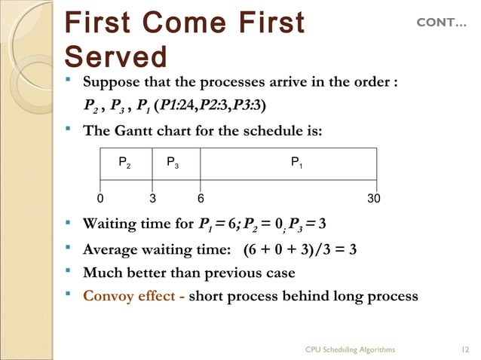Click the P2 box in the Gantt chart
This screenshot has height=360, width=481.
(124, 162)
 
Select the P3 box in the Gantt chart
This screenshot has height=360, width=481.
(173, 162)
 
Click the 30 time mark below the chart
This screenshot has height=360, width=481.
(373, 199)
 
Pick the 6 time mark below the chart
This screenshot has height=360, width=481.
(201, 199)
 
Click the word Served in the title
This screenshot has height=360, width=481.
(116, 57)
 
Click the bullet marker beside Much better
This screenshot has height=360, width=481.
(69, 272)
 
